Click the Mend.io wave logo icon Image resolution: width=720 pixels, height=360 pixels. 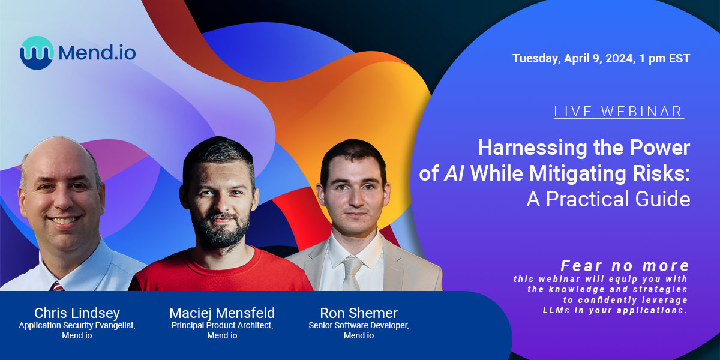click(36, 53)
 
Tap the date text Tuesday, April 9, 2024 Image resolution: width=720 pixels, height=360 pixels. click(573, 59)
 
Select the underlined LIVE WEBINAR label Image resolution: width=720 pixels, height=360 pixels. click(619, 112)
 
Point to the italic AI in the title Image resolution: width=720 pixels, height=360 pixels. click(455, 173)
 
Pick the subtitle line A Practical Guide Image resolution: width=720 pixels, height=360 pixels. click(608, 199)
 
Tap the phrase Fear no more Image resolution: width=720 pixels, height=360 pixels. click(625, 265)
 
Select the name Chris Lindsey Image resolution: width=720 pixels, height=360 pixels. click(77, 313)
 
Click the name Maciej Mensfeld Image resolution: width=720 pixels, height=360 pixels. click(222, 313)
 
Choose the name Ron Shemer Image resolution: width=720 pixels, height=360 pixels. click(359, 313)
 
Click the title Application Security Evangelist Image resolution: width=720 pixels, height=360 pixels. click(77, 326)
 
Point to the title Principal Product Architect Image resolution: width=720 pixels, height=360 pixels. click(222, 326)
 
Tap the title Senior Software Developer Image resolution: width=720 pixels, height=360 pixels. click(359, 326)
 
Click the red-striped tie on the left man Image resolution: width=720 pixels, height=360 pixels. click(57, 286)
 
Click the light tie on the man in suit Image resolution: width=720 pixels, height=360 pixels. click(352, 274)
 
